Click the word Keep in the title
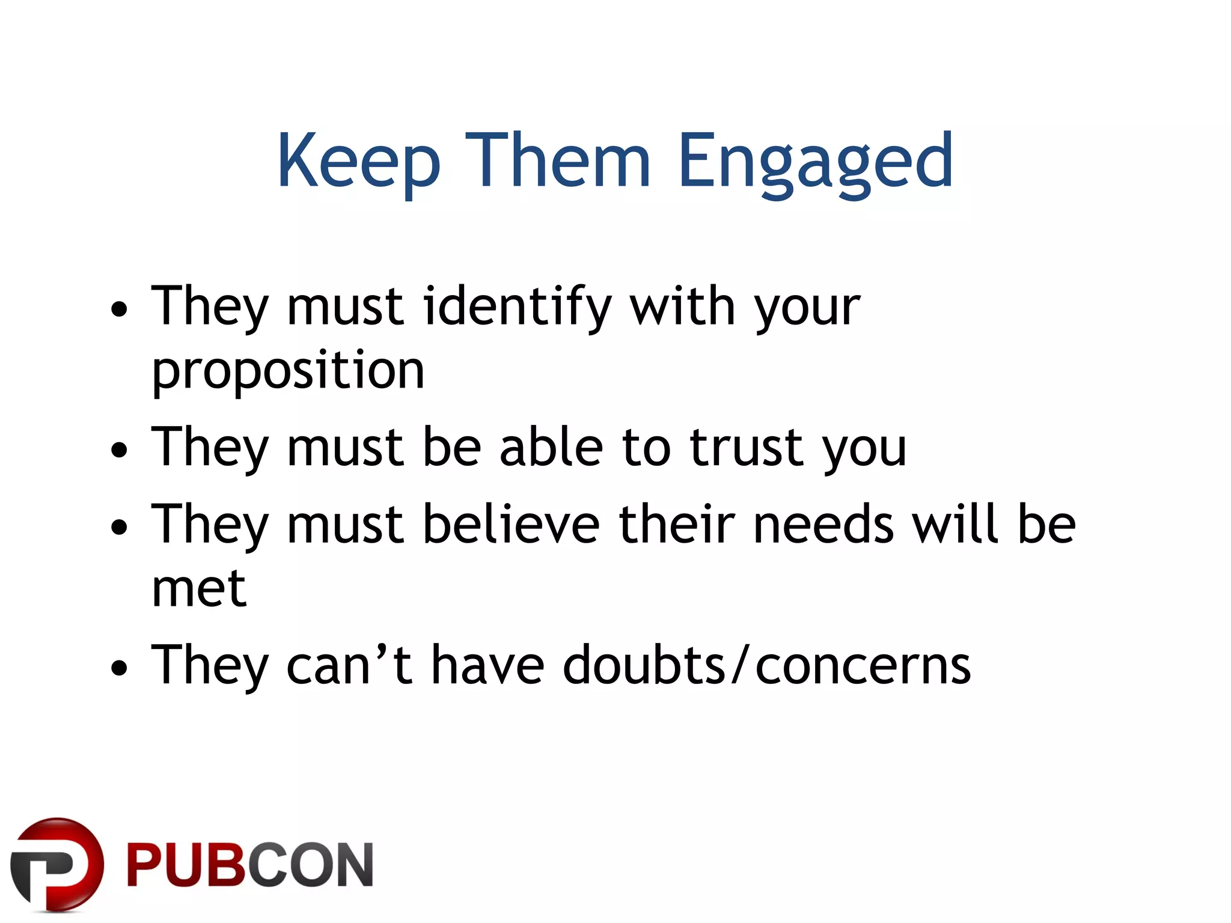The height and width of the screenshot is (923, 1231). pyautogui.click(x=358, y=161)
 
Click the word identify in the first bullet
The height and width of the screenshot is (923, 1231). pyautogui.click(x=517, y=308)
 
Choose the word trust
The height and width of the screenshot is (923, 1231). pyautogui.click(x=745, y=448)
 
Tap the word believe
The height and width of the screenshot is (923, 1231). pyautogui.click(x=511, y=524)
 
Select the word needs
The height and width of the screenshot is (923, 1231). pyautogui.click(x=823, y=524)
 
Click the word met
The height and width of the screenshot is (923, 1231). pyautogui.click(x=199, y=588)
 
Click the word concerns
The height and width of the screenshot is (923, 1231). pyautogui.click(x=863, y=666)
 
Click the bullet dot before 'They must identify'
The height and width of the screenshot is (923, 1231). pyautogui.click(x=120, y=310)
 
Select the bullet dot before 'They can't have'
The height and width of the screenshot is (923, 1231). pyautogui.click(x=120, y=668)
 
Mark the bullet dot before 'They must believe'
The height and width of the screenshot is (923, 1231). pyautogui.click(x=120, y=527)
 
